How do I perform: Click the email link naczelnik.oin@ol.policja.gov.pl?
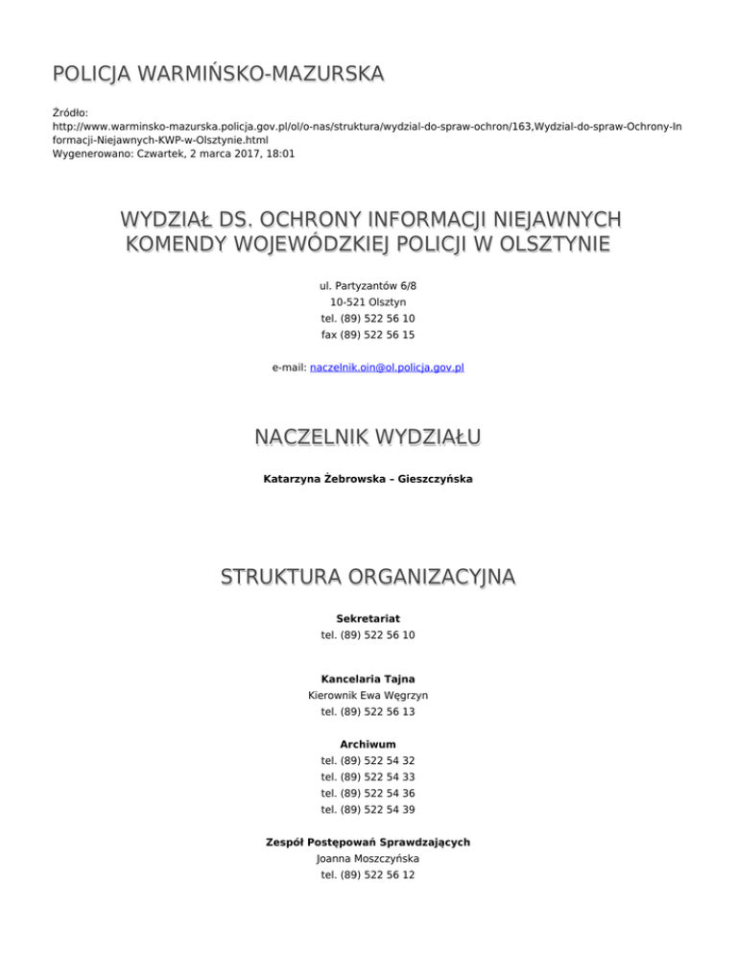pos(388,367)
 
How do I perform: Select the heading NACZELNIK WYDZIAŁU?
pos(368,439)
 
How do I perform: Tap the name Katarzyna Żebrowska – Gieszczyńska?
pos(368,478)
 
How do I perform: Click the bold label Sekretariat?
pos(368,618)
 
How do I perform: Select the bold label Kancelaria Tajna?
pos(368,679)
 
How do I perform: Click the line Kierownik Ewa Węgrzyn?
pos(368,696)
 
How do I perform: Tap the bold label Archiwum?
pos(368,744)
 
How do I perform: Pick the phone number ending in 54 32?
pos(368,760)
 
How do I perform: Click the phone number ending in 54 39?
pos(368,810)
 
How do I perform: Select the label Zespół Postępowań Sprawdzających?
pos(368,842)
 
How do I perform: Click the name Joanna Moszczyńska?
pos(368,859)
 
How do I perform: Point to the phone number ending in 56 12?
pos(368,875)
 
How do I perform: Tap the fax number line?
pos(368,335)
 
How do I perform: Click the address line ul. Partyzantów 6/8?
pos(368,286)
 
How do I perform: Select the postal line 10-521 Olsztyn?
pos(368,302)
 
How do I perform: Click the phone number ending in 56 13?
pos(368,712)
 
